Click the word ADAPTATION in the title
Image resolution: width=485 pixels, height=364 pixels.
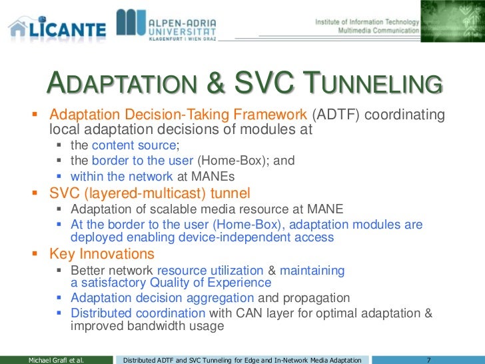[x=121, y=85]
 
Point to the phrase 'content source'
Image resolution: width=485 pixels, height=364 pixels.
[x=135, y=146]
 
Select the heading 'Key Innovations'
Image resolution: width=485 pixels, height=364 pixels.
[x=102, y=254]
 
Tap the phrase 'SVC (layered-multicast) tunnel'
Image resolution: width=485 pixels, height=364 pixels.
[x=150, y=193]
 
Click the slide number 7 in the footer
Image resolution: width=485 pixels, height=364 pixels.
[x=429, y=359]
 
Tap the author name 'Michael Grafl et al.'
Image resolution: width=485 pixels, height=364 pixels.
[x=57, y=359]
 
